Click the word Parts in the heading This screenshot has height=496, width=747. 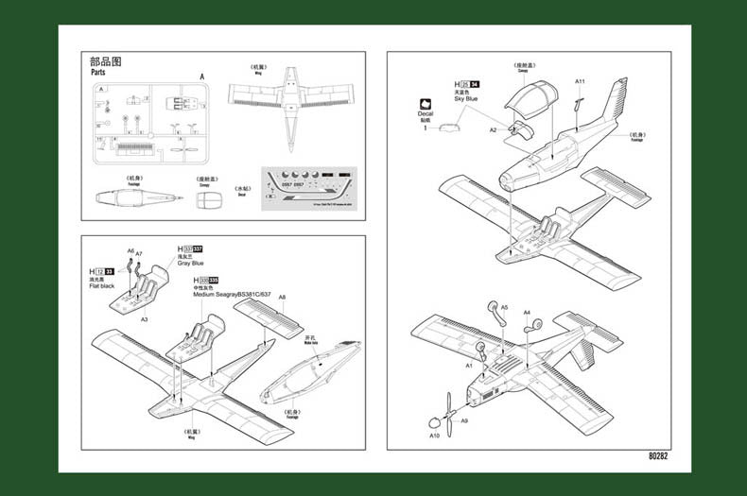(97, 72)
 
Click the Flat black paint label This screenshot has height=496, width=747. (102, 285)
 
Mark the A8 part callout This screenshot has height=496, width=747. (282, 298)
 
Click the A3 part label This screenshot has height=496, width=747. (144, 320)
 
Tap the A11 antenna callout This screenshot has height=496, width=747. (580, 81)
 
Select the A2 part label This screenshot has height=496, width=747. (493, 129)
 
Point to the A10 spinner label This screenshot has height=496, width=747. (434, 436)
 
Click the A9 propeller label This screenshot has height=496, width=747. (463, 421)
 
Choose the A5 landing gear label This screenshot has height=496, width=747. (504, 307)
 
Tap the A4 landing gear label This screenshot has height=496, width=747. (527, 312)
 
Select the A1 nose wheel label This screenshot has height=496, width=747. (468, 365)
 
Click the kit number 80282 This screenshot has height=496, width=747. (658, 457)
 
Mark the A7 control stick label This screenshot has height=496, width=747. (139, 253)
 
